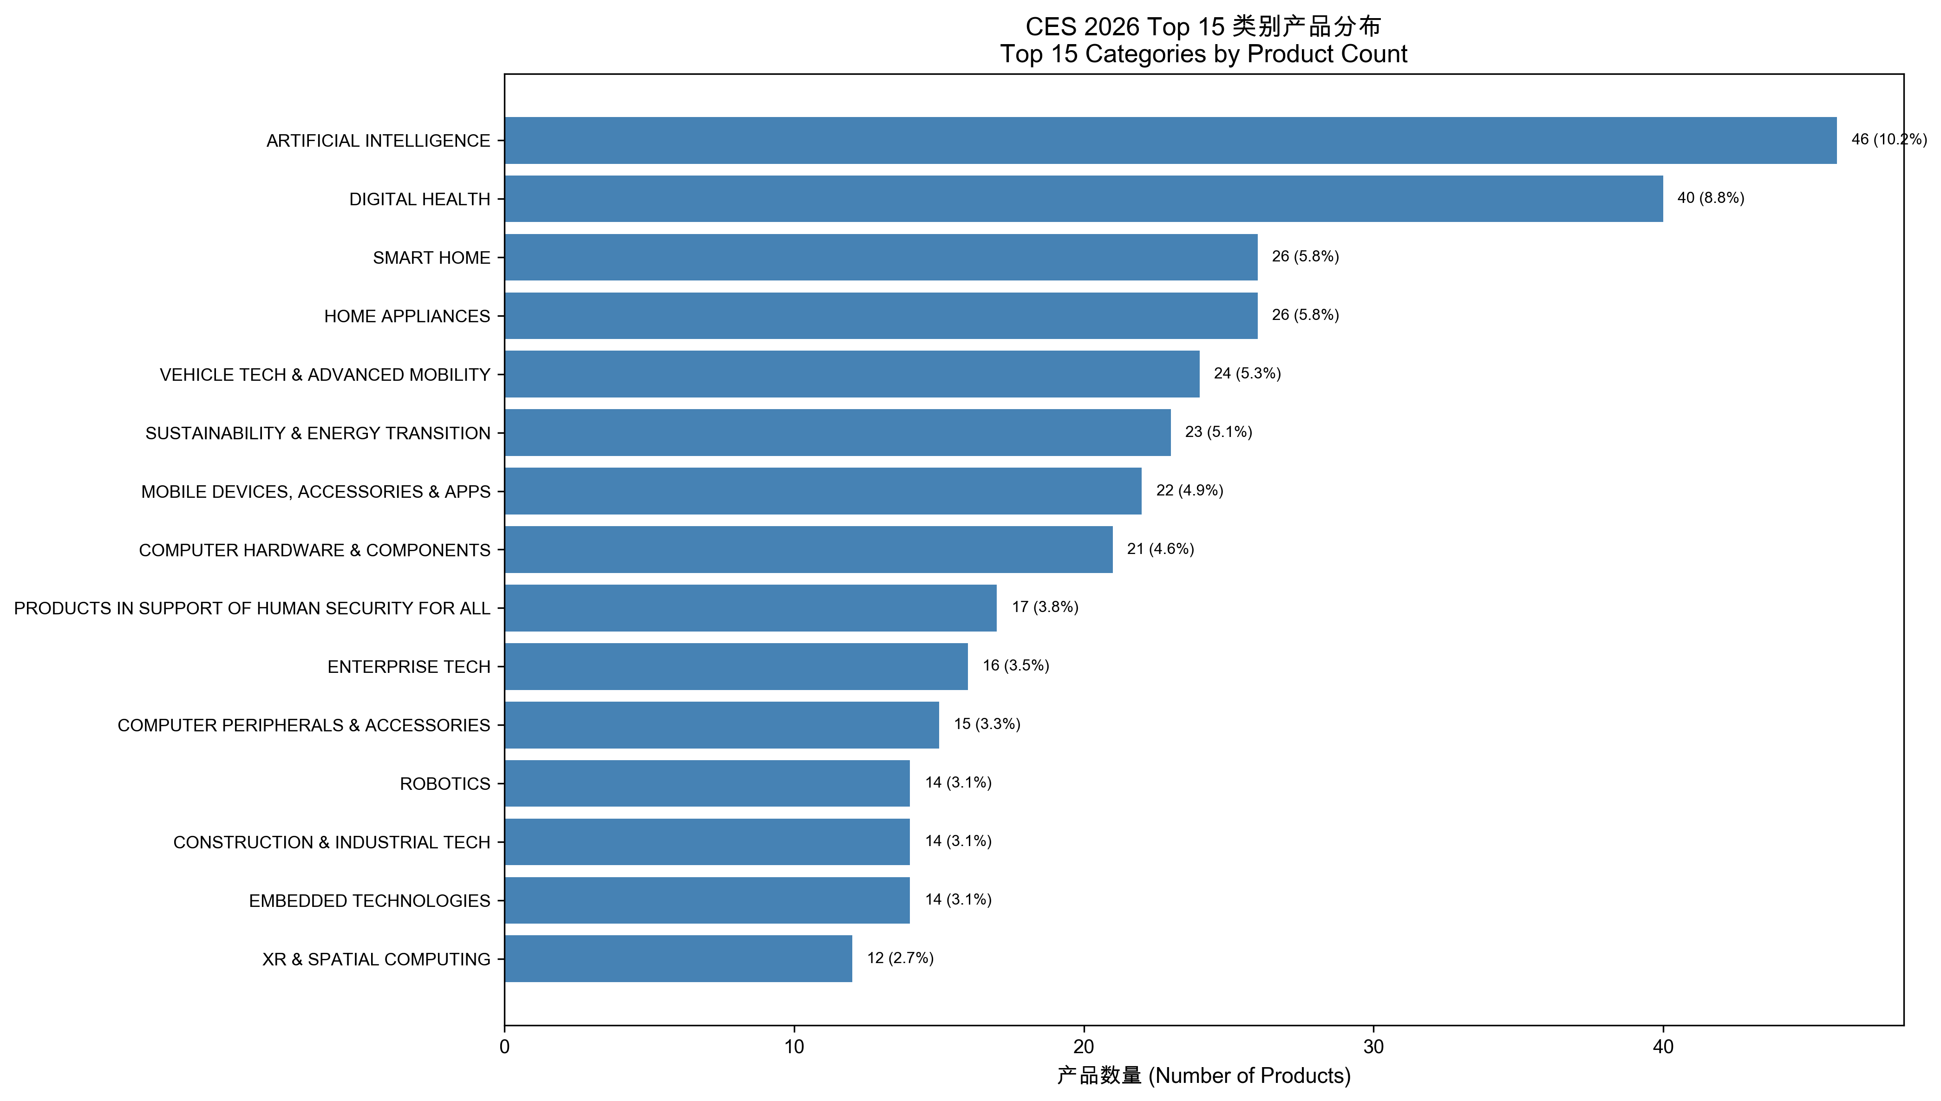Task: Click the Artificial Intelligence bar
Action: point(1170,141)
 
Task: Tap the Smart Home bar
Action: point(881,257)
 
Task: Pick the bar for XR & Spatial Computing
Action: point(678,959)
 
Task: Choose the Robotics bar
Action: point(707,783)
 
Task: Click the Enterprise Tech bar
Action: point(736,666)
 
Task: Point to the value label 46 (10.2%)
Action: point(1888,140)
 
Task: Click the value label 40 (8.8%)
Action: point(1710,198)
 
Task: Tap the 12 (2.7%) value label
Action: point(900,958)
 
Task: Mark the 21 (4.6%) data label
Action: point(1160,549)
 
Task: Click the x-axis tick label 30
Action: point(1373,1047)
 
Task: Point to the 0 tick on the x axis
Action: point(504,1047)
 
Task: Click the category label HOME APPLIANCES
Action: point(407,316)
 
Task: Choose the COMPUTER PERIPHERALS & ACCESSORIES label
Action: point(303,725)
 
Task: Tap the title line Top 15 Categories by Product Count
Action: point(1203,54)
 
